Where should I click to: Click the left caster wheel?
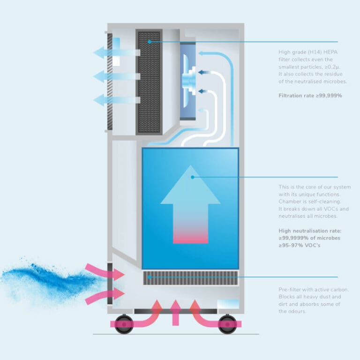pyautogui.click(x=124, y=324)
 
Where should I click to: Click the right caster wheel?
pyautogui.click(x=227, y=324)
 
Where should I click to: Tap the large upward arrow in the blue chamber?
pyautogui.click(x=190, y=204)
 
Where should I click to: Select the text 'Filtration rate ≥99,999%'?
pyautogui.click(x=310, y=96)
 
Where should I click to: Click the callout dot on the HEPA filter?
pyautogui.click(x=149, y=42)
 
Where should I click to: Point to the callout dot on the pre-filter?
pyautogui.click(x=149, y=277)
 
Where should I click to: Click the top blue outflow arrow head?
pyautogui.click(x=99, y=52)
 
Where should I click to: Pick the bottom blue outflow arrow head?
pyautogui.click(x=99, y=100)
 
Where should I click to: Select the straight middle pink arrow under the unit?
pyautogui.click(x=175, y=313)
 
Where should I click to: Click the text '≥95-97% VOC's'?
pyautogui.click(x=300, y=245)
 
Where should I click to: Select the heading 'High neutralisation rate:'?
pyautogui.click(x=310, y=231)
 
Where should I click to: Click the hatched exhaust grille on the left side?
pyautogui.click(x=110, y=82)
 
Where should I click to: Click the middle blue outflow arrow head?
pyautogui.click(x=99, y=76)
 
